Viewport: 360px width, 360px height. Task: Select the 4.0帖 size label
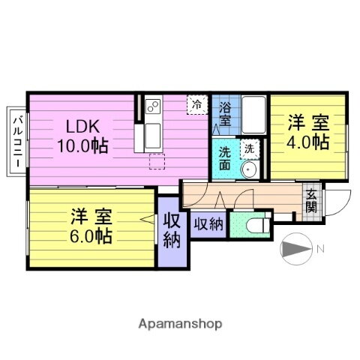307,141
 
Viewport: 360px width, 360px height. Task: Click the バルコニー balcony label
16,142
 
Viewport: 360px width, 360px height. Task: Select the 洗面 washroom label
224,160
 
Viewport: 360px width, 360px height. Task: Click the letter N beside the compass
319,249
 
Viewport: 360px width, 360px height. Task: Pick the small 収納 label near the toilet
208,224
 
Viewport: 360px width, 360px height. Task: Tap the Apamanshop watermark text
180,324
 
